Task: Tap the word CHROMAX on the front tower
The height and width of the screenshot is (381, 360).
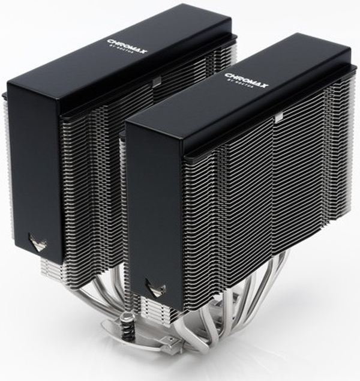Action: point(246,79)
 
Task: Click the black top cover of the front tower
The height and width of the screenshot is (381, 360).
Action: point(240,102)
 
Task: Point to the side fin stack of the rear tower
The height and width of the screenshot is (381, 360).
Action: point(90,180)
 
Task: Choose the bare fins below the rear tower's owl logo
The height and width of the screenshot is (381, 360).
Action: point(48,267)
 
